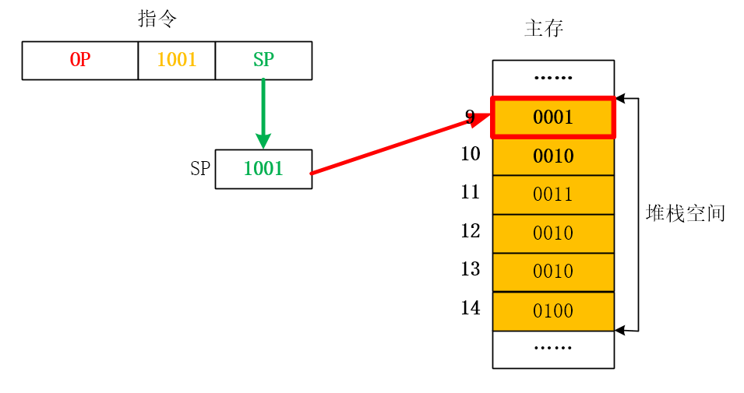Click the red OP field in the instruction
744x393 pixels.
click(80, 61)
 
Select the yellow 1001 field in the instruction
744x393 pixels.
click(177, 61)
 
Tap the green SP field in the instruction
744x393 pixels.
click(263, 61)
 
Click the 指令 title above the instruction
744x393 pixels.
click(158, 19)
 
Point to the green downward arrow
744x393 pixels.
click(263, 113)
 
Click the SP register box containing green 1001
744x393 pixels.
click(263, 169)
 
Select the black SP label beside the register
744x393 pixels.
click(200, 169)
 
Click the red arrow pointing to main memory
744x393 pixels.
click(397, 145)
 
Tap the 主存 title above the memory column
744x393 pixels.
click(544, 30)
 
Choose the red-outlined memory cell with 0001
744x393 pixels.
click(553, 118)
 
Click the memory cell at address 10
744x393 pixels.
click(553, 156)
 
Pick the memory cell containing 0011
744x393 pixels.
click(553, 195)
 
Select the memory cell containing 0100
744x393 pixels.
click(553, 311)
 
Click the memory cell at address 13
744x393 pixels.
click(553, 272)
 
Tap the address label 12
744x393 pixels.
click(471, 231)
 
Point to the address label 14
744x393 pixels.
click(471, 308)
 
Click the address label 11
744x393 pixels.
click(471, 192)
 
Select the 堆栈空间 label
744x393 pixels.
click(686, 213)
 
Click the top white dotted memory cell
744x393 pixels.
click(553, 79)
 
